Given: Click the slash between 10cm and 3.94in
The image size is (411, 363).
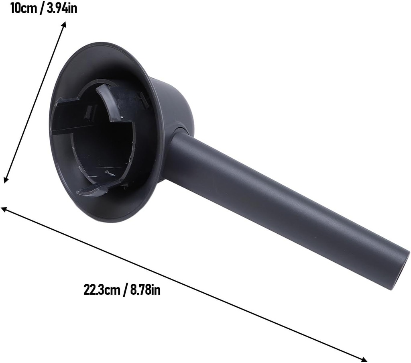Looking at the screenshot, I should [42, 8].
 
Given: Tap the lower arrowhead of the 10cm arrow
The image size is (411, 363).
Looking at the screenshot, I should [5, 180].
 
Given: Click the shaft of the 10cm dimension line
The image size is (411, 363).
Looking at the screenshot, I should [35, 102].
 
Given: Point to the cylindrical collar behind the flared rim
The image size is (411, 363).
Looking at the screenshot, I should [173, 104].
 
